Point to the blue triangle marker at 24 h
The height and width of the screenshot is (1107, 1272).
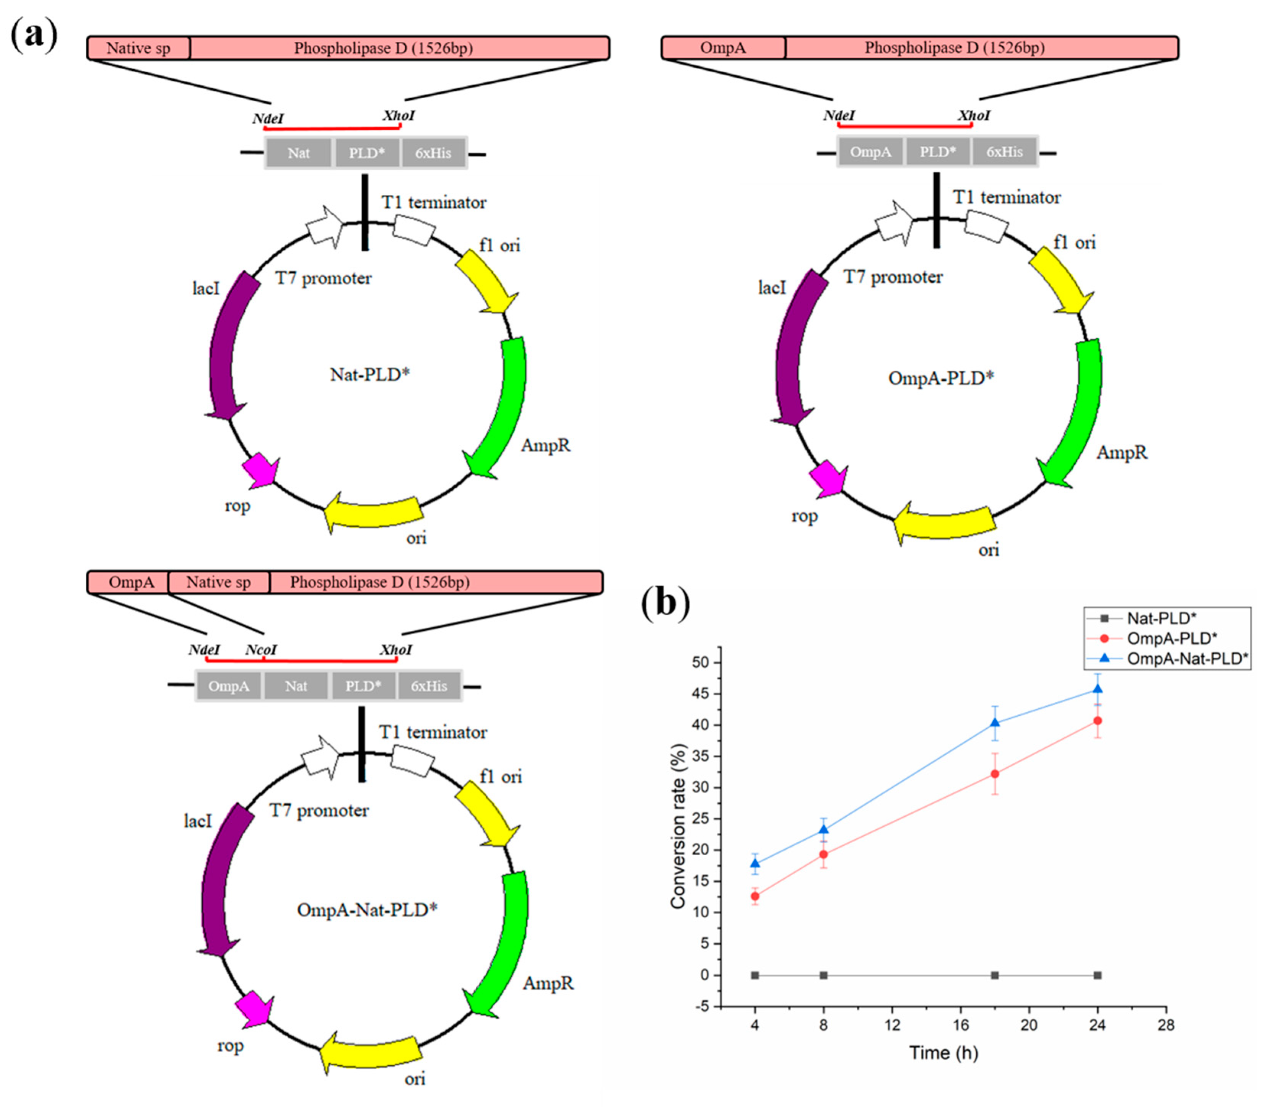tap(1097, 689)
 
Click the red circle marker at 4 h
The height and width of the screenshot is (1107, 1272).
tap(755, 896)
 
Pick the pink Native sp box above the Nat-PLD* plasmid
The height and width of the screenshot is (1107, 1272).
tap(138, 48)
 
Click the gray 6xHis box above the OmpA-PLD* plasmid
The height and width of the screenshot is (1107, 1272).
tap(1004, 152)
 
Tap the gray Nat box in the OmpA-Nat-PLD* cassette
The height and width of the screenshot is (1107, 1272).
tap(296, 686)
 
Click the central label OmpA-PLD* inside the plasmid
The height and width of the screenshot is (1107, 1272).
tap(940, 378)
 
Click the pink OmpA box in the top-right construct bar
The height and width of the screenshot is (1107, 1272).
tap(723, 47)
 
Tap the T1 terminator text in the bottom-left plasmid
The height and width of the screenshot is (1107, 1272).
tap(433, 733)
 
